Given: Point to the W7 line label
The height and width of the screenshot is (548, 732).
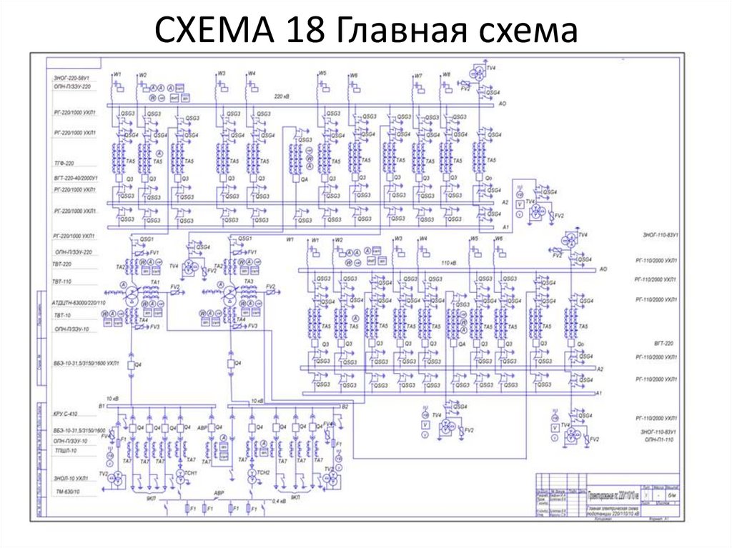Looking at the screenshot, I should tap(418, 75).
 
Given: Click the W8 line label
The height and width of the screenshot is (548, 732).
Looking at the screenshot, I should tap(446, 75).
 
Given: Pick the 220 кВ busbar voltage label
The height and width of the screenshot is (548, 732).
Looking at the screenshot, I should tap(282, 95).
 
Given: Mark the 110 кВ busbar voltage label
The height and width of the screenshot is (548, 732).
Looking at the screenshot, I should tap(449, 263).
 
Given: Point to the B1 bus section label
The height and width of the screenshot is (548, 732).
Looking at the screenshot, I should tap(102, 406).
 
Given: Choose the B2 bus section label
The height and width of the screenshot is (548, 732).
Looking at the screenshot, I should tap(345, 406).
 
